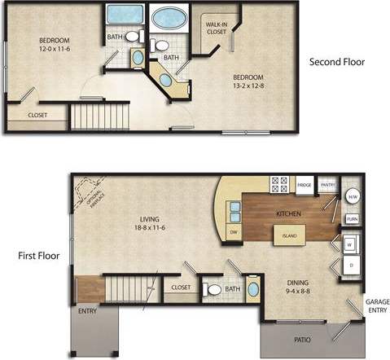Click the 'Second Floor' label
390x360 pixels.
(x=337, y=62)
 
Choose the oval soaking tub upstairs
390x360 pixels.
(x=169, y=17)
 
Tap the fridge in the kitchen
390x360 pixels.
(x=305, y=186)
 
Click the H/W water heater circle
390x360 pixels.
(x=353, y=196)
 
